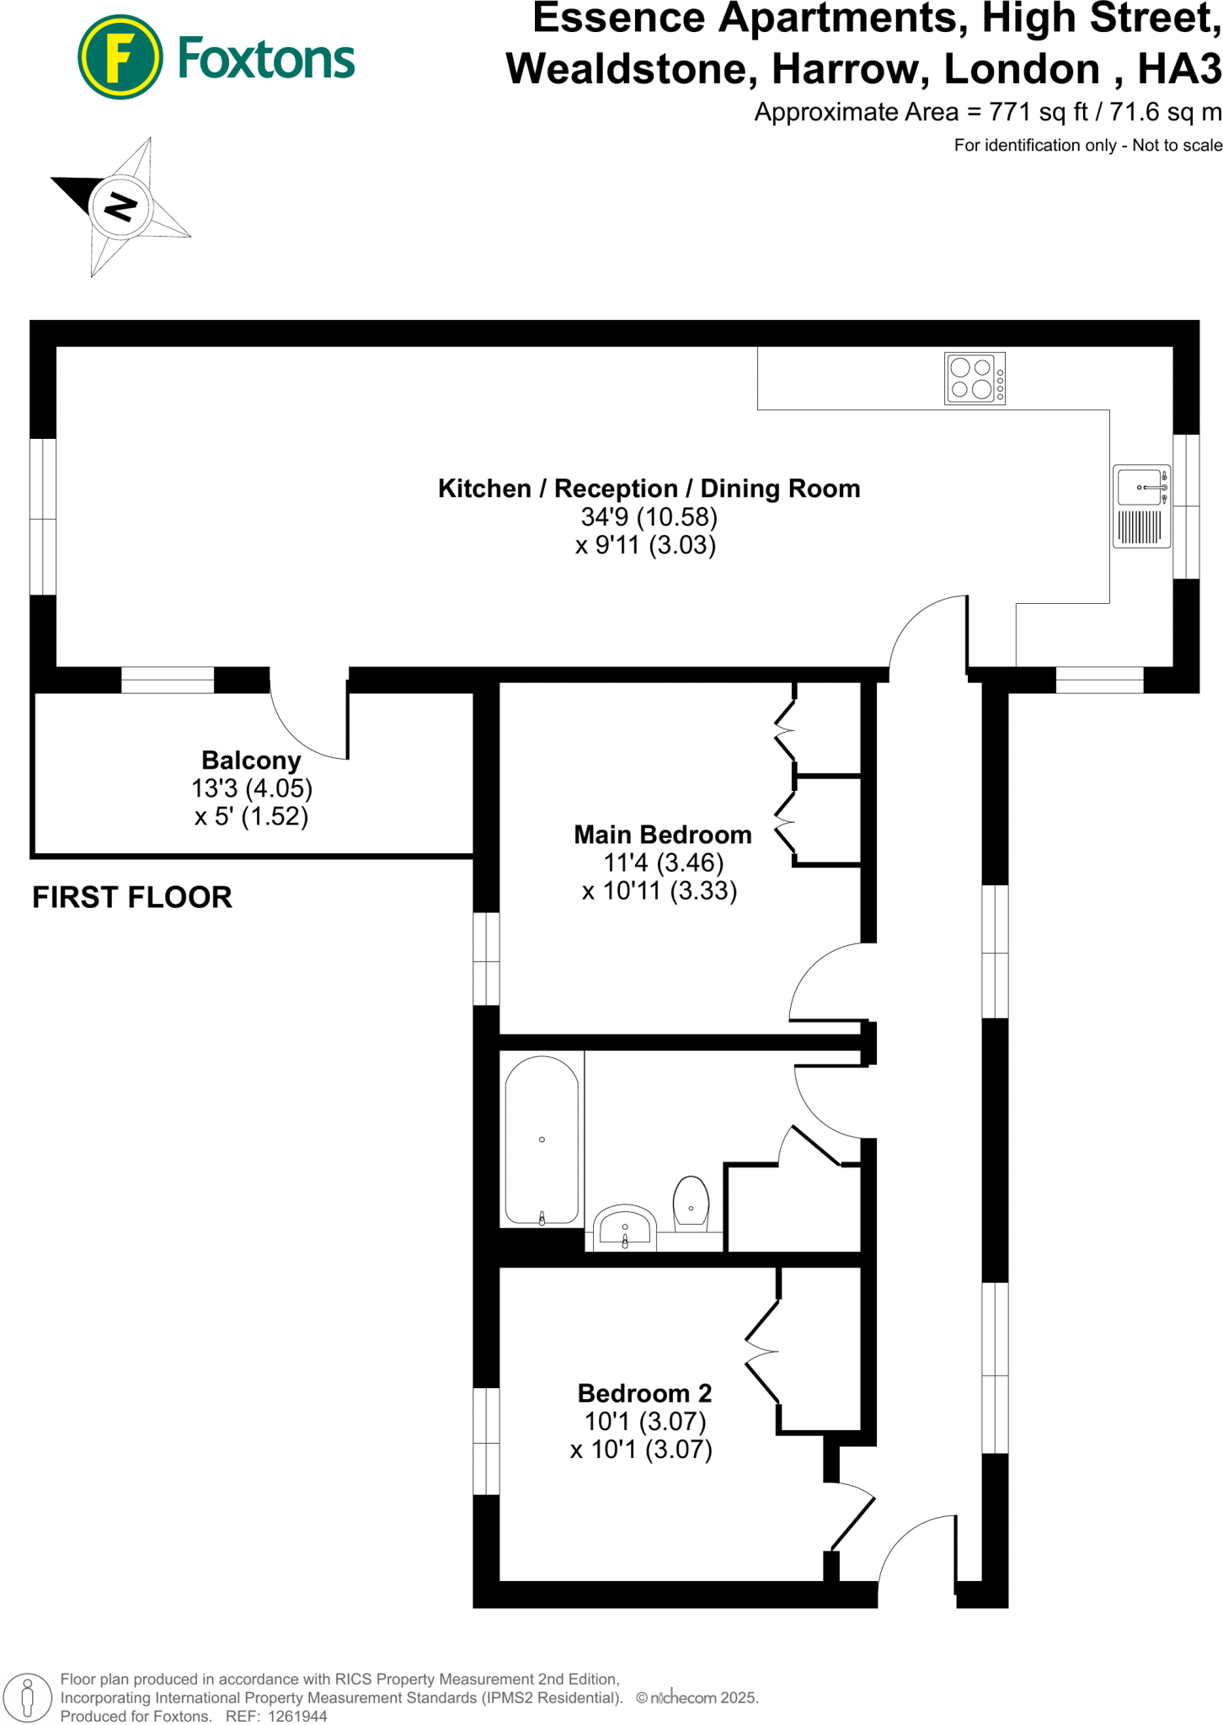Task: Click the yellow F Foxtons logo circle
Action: pyautogui.click(x=120, y=57)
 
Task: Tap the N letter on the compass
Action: pyautogui.click(x=120, y=206)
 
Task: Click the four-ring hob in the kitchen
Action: pyautogui.click(x=975, y=378)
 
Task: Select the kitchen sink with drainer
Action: pyautogui.click(x=1141, y=505)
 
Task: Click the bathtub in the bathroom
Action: pyautogui.click(x=542, y=1139)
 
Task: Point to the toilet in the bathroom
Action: pyautogui.click(x=691, y=1204)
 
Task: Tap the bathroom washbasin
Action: pyautogui.click(x=624, y=1228)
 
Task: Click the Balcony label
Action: pyautogui.click(x=251, y=761)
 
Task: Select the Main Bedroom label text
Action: pyautogui.click(x=662, y=835)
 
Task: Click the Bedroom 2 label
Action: pyautogui.click(x=644, y=1393)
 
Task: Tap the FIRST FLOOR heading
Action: pyautogui.click(x=132, y=898)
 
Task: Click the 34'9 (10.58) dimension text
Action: pyautogui.click(x=649, y=516)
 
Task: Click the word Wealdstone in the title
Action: pyautogui.click(x=626, y=69)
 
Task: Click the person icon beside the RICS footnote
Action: pyautogui.click(x=28, y=1697)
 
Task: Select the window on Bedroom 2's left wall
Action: pyautogui.click(x=486, y=1441)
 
